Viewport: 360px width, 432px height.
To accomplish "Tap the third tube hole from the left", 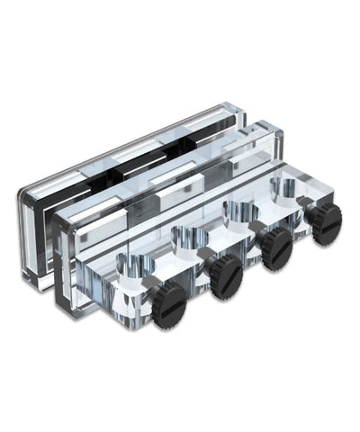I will pos(238,211).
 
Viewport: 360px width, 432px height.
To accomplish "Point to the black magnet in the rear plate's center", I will pos(135,171).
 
